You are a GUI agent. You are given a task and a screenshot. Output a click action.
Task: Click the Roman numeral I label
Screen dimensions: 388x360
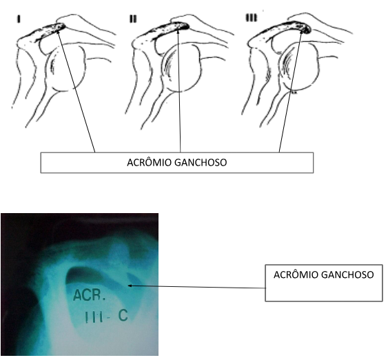(x=19, y=19)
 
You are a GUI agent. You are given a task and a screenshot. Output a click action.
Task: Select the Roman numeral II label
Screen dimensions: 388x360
(x=133, y=19)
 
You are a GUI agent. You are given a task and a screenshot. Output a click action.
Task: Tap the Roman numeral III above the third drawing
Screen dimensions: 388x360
(x=251, y=17)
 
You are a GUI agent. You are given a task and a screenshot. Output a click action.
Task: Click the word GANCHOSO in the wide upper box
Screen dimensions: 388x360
(x=201, y=163)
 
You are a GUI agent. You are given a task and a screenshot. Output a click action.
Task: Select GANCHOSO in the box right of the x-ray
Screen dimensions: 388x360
(x=347, y=275)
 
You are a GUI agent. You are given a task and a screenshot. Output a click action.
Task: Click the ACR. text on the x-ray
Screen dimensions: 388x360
(x=90, y=295)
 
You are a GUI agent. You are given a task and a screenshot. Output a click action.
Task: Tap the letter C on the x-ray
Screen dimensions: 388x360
(x=123, y=315)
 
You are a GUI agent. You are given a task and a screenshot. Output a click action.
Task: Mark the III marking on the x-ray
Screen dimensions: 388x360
(x=94, y=317)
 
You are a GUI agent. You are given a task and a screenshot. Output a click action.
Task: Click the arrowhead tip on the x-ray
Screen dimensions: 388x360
(x=128, y=286)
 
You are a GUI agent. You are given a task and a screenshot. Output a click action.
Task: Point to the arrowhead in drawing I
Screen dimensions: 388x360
(x=58, y=31)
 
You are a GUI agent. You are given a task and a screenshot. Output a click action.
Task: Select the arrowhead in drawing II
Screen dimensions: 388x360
(x=178, y=31)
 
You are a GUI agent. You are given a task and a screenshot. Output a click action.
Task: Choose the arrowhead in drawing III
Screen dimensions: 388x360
(x=302, y=32)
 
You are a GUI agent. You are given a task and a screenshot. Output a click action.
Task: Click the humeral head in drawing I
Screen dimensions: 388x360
(x=65, y=68)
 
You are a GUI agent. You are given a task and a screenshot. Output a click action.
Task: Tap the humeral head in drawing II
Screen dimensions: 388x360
(x=183, y=70)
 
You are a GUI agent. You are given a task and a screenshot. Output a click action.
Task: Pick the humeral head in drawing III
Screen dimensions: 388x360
(x=300, y=66)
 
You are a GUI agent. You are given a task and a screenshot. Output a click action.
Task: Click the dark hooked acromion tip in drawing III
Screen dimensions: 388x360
(x=307, y=30)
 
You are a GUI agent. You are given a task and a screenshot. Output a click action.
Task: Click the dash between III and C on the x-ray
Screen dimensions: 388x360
(x=110, y=318)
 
